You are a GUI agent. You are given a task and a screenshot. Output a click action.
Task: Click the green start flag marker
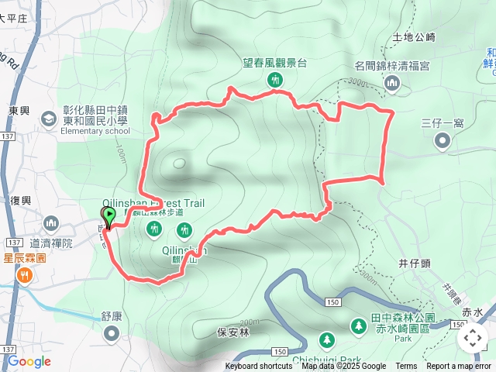tap(108, 215)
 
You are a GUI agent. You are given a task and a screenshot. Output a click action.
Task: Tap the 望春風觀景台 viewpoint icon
tap(274, 79)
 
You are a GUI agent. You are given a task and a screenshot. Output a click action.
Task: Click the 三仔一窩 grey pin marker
tap(443, 140)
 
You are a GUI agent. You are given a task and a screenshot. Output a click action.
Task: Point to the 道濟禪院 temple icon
tap(52, 225)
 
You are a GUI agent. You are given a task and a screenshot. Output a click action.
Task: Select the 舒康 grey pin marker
tap(112, 333)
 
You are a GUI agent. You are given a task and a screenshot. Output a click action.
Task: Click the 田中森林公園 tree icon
tap(358, 326)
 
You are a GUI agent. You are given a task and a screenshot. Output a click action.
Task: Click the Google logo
tap(29, 361)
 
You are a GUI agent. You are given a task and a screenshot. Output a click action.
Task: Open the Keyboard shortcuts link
tap(259, 367)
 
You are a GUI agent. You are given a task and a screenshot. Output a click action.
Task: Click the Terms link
tap(406, 367)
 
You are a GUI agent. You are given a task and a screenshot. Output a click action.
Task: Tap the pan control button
tap(472, 338)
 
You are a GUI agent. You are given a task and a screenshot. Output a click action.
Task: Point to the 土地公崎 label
tap(415, 36)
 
